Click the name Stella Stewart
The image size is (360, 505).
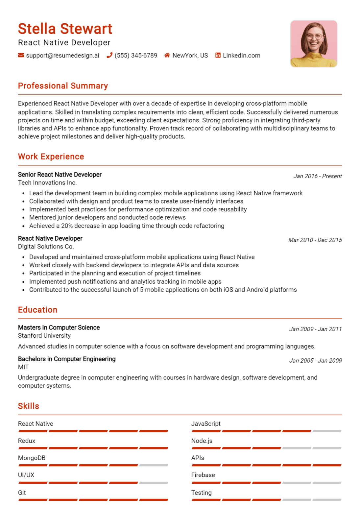point(65,29)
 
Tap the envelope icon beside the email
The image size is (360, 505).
point(21,55)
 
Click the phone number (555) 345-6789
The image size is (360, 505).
point(135,56)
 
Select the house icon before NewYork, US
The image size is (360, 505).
point(167,55)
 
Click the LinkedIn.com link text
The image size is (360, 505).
point(241,56)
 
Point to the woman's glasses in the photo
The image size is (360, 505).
point(314,36)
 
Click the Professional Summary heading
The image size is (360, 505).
point(63,86)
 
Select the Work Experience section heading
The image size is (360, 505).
point(51,156)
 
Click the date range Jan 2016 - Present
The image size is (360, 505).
point(317,176)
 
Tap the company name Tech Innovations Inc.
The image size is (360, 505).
point(47,183)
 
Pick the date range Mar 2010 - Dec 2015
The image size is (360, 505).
point(315,240)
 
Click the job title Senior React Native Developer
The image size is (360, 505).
point(60,175)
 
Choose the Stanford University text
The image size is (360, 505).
point(44,336)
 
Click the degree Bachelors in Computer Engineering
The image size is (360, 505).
point(67,359)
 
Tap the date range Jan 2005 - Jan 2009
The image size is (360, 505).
point(315,361)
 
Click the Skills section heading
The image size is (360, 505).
point(29,406)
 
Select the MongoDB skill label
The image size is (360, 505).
point(32,458)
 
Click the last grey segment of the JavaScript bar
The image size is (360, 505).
point(327,431)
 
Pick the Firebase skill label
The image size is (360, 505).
point(203,475)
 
